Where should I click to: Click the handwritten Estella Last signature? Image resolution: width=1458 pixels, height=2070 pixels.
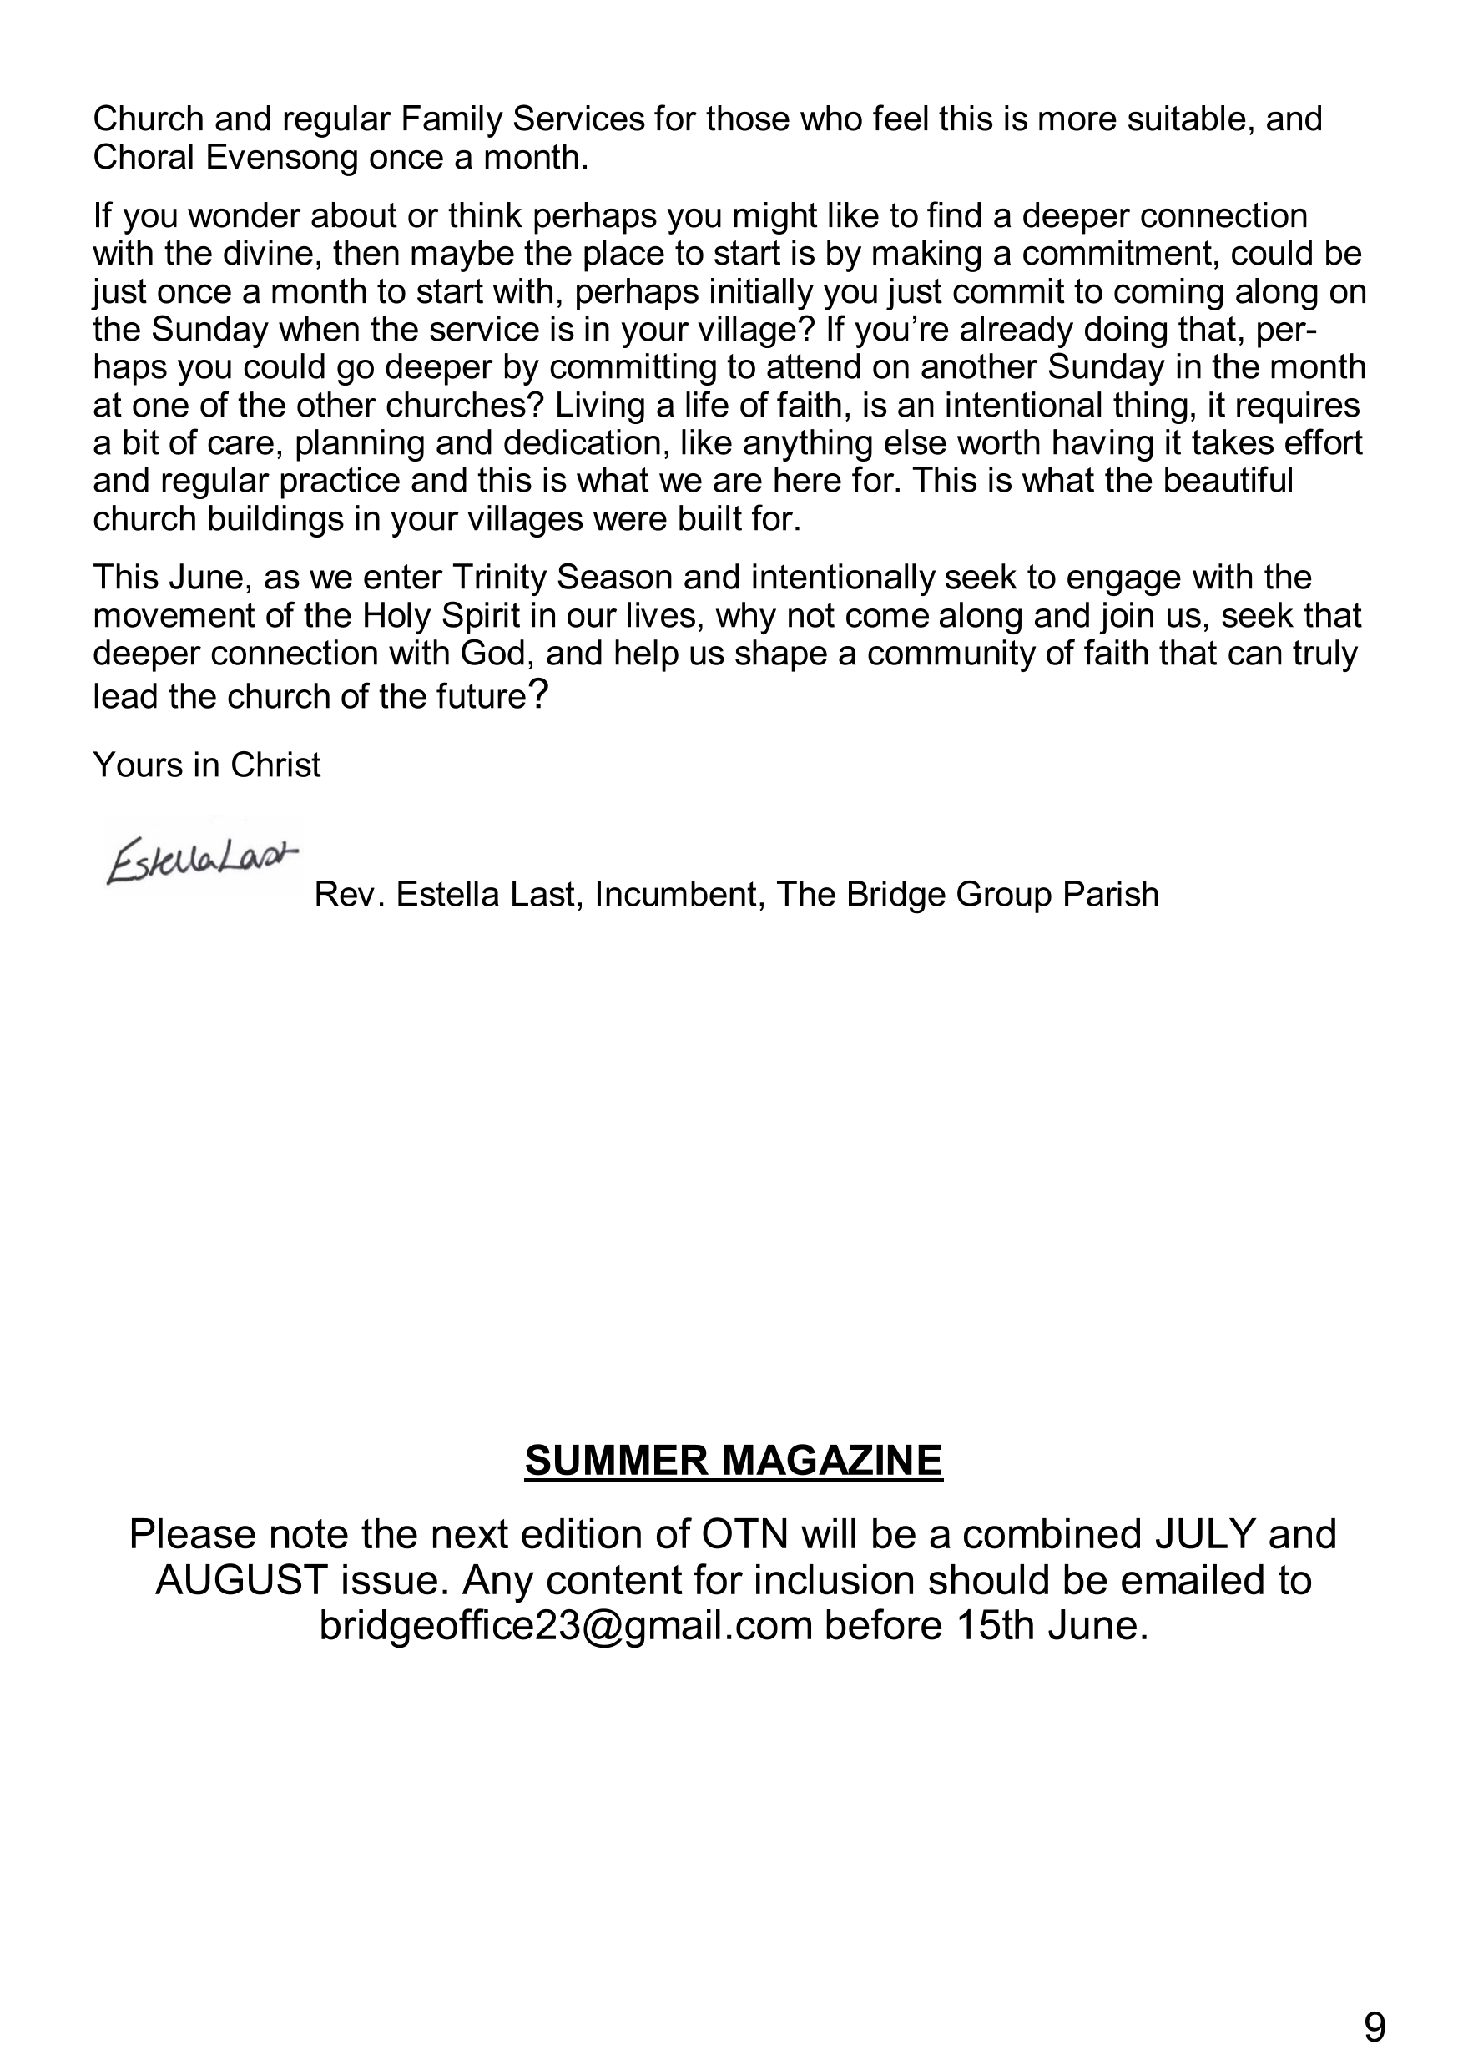pos(200,862)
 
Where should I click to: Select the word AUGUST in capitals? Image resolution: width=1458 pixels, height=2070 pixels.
pos(240,1579)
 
